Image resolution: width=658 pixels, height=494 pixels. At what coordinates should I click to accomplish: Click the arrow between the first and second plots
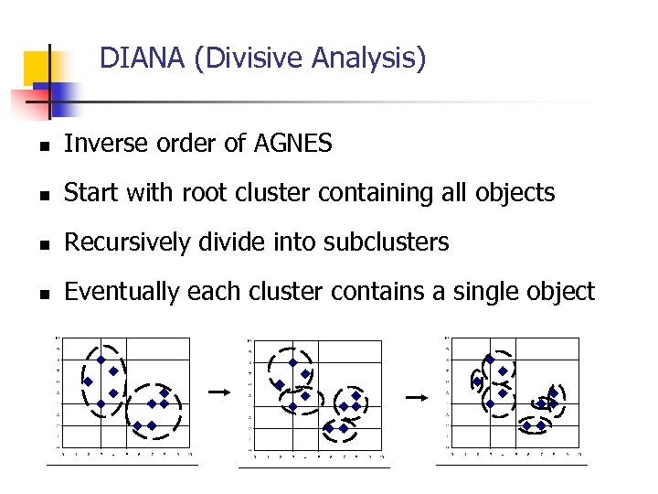tap(218, 391)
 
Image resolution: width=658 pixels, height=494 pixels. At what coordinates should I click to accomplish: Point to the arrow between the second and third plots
tap(416, 397)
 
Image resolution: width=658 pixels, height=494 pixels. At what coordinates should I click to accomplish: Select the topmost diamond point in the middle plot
tap(292, 362)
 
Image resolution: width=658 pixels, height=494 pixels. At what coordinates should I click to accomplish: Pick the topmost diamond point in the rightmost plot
tap(490, 360)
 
